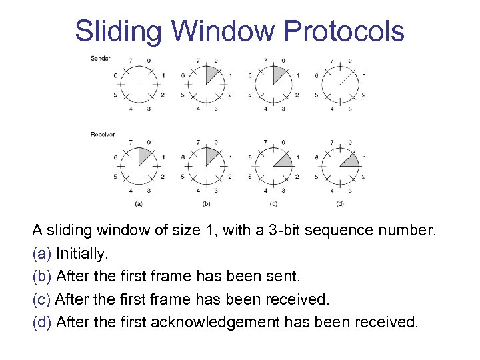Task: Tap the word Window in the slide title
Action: click(x=221, y=31)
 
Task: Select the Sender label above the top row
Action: click(x=101, y=58)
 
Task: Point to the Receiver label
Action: click(x=103, y=134)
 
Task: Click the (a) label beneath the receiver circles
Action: click(x=138, y=203)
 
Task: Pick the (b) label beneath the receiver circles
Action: click(x=207, y=203)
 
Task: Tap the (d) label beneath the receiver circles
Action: click(x=341, y=203)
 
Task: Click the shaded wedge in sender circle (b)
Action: click(x=212, y=73)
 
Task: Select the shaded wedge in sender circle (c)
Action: click(x=279, y=73)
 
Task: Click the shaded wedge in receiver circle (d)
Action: click(x=349, y=161)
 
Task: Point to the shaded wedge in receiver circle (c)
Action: click(x=283, y=161)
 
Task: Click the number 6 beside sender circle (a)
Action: click(x=115, y=75)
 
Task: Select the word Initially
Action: click(x=82, y=253)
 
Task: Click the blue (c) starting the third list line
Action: click(x=42, y=299)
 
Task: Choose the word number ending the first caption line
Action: click(x=410, y=231)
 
